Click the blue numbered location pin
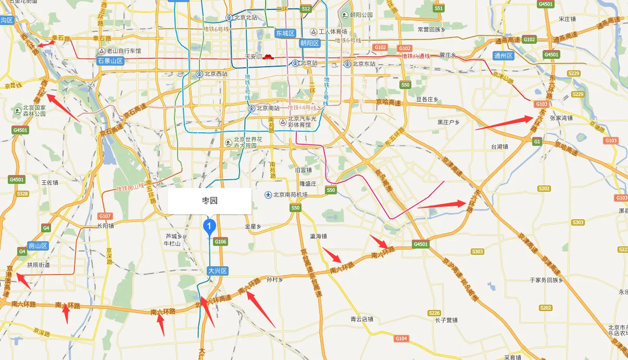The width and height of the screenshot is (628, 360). coord(209,226)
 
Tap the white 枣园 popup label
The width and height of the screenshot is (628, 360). coord(209,201)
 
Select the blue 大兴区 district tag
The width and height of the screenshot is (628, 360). coord(218,271)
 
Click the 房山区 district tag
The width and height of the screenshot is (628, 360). coord(38,245)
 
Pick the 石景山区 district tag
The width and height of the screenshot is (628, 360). coord(110,61)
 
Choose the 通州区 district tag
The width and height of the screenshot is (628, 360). coord(503,55)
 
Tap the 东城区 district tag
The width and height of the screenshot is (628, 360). coord(285,33)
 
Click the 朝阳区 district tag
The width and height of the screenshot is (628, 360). coord(309,43)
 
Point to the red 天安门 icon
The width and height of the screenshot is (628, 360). coord(268,57)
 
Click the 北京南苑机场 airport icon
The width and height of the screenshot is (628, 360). coord(268,195)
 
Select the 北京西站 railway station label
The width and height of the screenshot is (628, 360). coord(213,74)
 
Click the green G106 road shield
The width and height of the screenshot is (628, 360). coord(220,241)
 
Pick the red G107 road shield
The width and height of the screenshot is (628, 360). coord(105,216)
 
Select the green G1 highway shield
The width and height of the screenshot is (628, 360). coord(537,141)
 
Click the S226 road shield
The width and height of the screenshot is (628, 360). coord(434,313)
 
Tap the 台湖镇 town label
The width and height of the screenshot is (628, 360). coord(498,146)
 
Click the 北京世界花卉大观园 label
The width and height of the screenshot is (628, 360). coord(249,142)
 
